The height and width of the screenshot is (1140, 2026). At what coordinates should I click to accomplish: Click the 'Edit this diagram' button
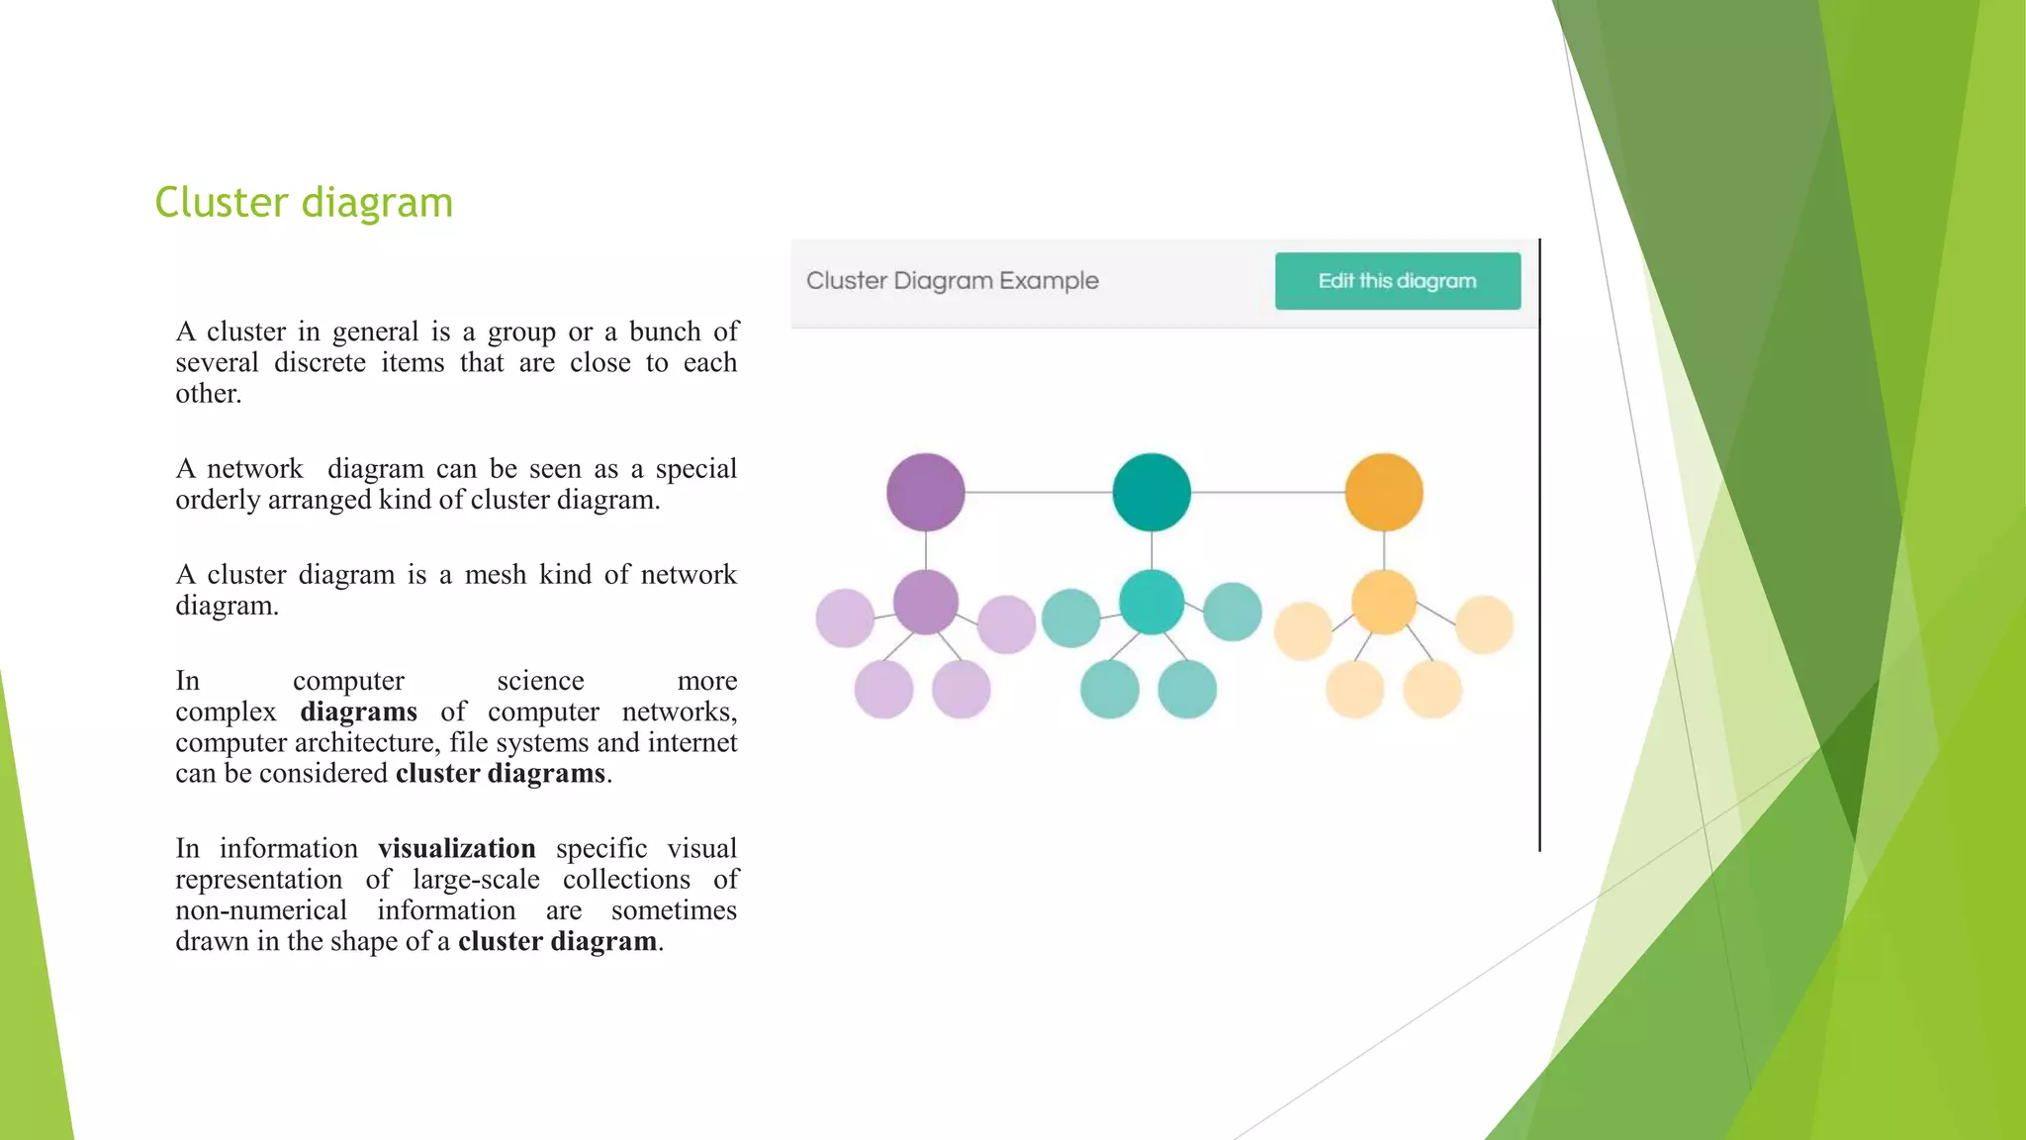point(1397,281)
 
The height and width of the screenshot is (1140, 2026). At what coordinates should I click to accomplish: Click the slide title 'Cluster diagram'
point(304,203)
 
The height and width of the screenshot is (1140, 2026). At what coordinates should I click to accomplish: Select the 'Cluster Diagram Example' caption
point(952,281)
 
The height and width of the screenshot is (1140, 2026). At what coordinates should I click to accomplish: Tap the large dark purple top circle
point(925,492)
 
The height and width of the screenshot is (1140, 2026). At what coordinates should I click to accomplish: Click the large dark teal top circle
point(1151,492)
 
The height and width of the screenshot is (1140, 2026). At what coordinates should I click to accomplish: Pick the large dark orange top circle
point(1383,492)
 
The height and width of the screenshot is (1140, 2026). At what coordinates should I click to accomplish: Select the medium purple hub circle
point(925,602)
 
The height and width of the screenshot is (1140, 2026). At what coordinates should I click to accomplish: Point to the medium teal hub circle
point(1151,602)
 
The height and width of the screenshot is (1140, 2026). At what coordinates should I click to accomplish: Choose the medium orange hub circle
point(1383,602)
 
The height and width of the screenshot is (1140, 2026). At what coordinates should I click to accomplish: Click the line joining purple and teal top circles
point(1038,492)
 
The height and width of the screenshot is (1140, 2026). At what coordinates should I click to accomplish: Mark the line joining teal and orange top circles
point(1267,492)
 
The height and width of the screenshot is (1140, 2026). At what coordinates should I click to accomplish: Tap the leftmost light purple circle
point(844,617)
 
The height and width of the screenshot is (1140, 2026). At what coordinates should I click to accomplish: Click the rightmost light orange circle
point(1484,623)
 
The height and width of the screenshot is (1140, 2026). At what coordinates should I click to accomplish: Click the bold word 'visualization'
point(456,848)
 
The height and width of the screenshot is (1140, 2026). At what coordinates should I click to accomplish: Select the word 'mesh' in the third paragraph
point(496,574)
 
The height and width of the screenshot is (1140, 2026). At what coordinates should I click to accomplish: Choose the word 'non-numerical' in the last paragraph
point(261,910)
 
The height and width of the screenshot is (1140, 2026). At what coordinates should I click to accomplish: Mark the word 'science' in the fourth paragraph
point(540,681)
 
